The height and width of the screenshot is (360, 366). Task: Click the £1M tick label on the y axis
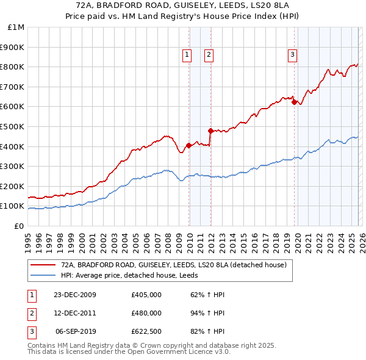point(16,27)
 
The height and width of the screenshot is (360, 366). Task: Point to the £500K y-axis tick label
point(13,127)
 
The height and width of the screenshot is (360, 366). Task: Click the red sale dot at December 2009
point(189,145)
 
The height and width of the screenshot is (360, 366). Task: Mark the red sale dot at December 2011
point(210,131)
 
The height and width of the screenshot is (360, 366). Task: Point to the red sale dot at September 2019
point(294,102)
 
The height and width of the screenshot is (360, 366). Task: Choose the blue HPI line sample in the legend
point(43,275)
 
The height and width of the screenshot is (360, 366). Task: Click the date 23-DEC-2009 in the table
point(75,295)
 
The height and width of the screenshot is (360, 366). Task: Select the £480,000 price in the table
point(146,313)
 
